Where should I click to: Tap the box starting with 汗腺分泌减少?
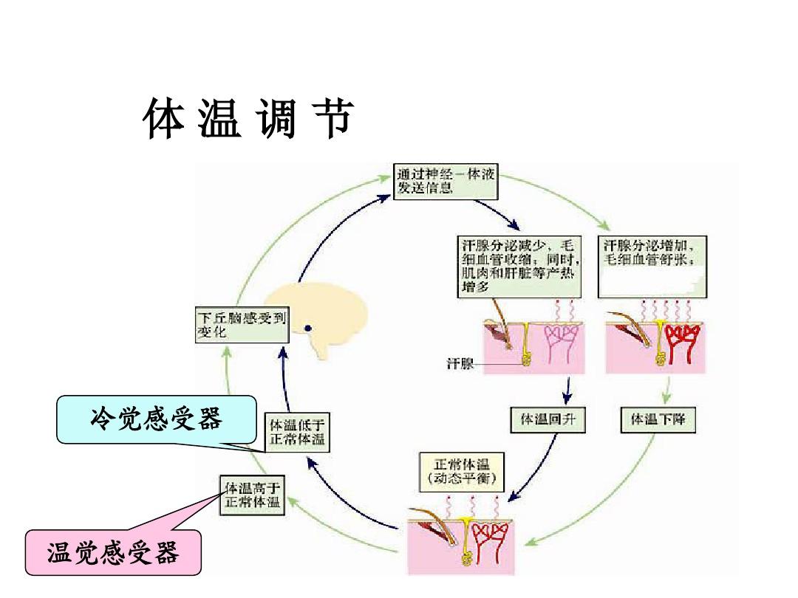point(519,266)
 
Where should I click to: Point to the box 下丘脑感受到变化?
point(241,325)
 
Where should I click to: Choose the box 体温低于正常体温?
point(297,432)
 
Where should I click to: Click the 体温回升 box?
point(548,419)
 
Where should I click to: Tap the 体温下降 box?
point(657,419)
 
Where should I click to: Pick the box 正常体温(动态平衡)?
point(462,473)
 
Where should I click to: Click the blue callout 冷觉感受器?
point(156,419)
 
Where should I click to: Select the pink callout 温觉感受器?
point(114,552)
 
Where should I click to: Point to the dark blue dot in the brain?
point(307,328)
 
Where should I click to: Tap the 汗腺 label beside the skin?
point(460,365)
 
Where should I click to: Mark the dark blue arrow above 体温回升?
point(567,390)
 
